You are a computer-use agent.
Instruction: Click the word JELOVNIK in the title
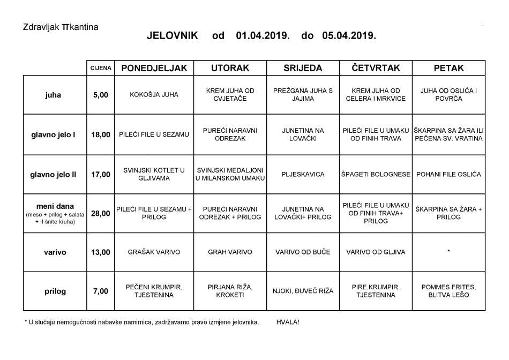(172, 36)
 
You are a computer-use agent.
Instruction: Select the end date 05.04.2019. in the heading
(349, 36)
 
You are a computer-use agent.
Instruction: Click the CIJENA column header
(101, 69)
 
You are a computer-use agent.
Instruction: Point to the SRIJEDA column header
(303, 69)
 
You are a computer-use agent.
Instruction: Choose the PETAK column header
(448, 69)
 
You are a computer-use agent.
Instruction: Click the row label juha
(54, 95)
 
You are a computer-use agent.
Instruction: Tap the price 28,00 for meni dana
(101, 213)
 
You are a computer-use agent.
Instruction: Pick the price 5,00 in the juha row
(101, 95)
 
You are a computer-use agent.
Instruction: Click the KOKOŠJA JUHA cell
(154, 95)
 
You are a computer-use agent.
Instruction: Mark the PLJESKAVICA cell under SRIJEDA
(303, 174)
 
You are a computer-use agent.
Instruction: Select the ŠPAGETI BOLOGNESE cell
(376, 174)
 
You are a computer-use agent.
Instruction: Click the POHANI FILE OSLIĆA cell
(448, 174)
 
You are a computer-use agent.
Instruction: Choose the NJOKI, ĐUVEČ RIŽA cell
(303, 291)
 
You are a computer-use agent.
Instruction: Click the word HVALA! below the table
(288, 322)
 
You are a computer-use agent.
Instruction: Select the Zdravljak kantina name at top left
(61, 26)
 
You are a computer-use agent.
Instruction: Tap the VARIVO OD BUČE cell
(303, 252)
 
